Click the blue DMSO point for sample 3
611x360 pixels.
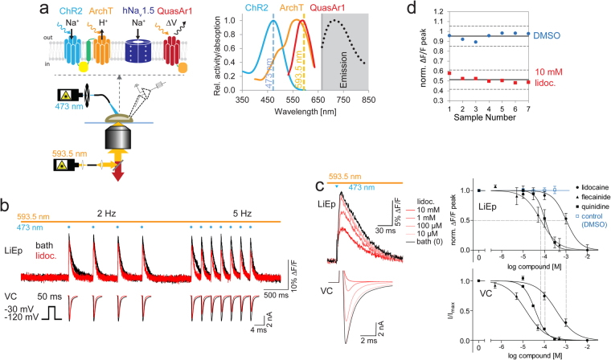476,41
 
